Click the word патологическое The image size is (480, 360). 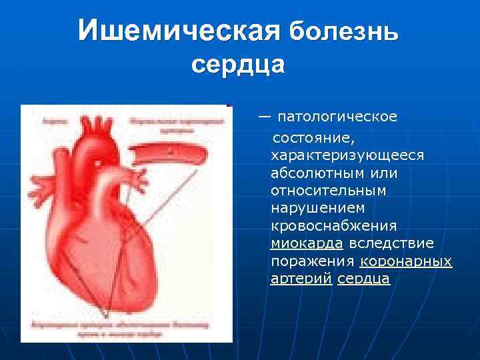point(337,117)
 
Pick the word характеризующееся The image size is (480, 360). point(347,155)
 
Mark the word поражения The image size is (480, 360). point(312,261)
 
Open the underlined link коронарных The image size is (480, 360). point(406,261)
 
